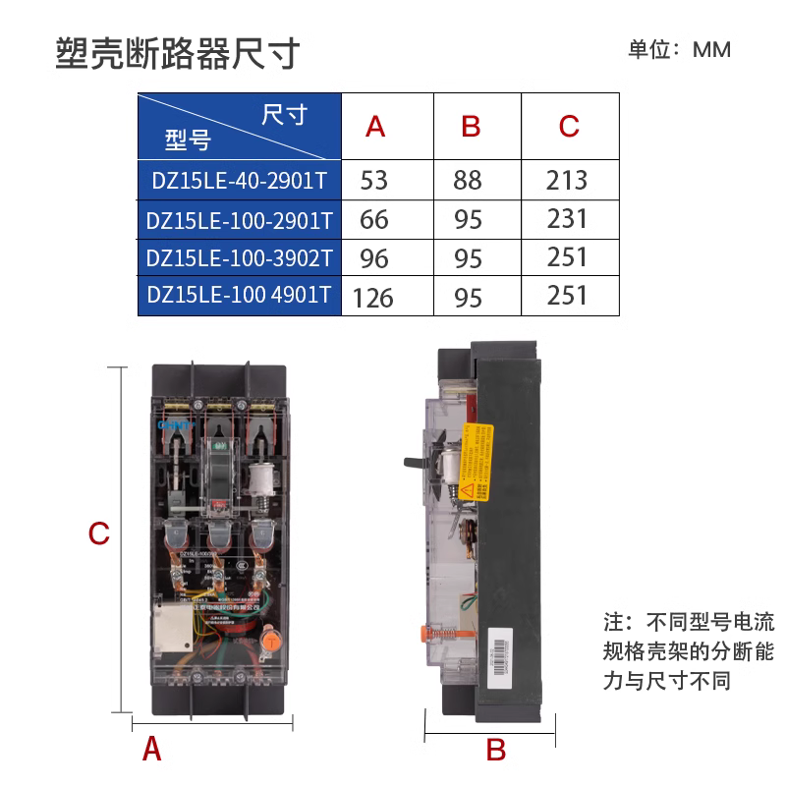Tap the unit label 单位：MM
coord(679,49)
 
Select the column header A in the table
coord(375,127)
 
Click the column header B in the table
coord(471,127)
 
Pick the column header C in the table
coord(569,127)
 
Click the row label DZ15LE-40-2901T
coord(239,180)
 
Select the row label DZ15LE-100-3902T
coord(239,257)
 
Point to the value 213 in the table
coord(567,180)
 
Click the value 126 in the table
coord(373,296)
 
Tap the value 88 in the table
coord(469,180)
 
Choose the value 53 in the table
coord(374,180)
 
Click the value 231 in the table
coord(567,218)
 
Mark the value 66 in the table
coord(374,218)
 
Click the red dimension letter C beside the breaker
coord(98,533)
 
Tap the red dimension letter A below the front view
coord(151,750)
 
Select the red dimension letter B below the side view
coord(496,750)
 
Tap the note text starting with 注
coord(688,650)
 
